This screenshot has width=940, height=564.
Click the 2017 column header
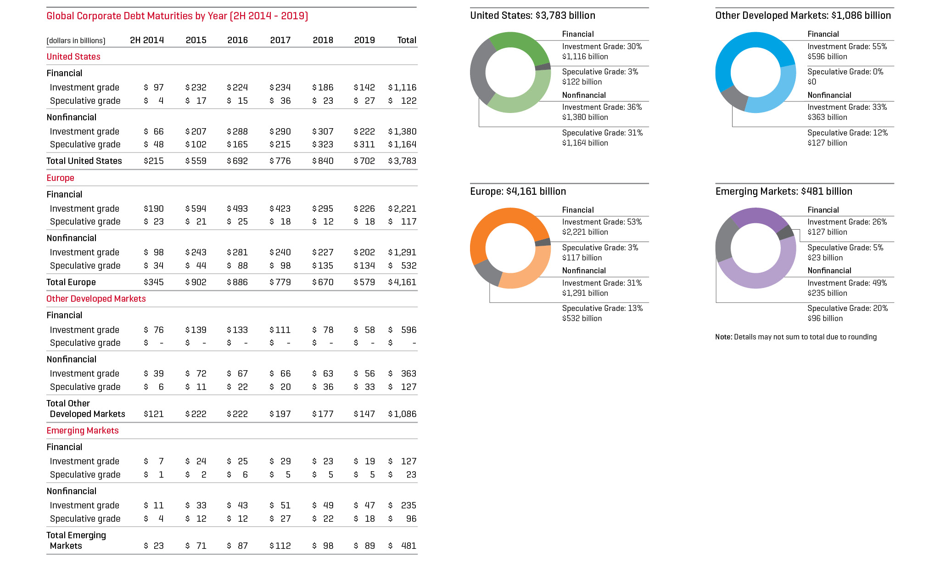[x=280, y=40]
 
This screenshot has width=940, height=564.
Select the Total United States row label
[x=84, y=161]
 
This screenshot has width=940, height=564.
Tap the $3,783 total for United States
[x=402, y=161]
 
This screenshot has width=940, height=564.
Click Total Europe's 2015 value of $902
[x=196, y=282]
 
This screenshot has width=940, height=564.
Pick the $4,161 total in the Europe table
[x=402, y=282]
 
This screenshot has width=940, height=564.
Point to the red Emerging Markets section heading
[x=83, y=430]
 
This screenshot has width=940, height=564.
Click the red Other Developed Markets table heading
[x=96, y=299]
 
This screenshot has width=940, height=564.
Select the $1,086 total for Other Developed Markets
[x=402, y=414]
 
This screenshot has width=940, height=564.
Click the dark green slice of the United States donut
[x=521, y=44]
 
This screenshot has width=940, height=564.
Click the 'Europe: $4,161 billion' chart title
[x=518, y=192]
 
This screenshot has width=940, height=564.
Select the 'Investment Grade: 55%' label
[x=847, y=46]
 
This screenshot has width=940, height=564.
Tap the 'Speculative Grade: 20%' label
[x=847, y=308]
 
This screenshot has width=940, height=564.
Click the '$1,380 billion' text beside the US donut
[x=585, y=117]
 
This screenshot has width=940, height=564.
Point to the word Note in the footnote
[x=723, y=337]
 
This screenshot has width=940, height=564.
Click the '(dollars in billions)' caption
[x=76, y=40]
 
